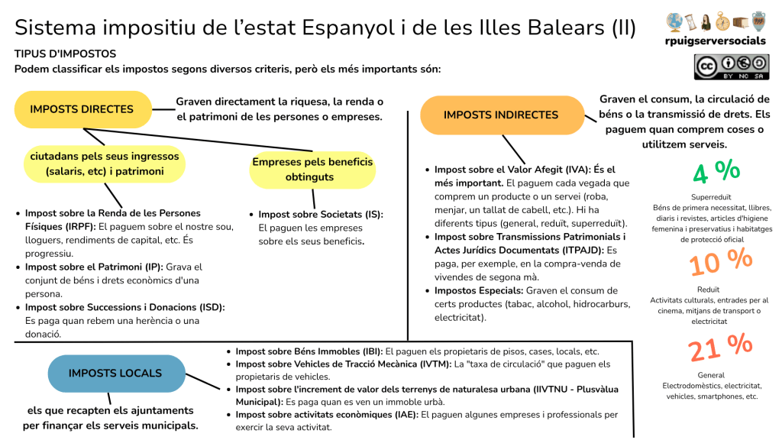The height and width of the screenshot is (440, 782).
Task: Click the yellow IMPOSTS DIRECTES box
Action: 82,109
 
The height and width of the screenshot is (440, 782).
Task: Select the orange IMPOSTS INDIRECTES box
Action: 501,115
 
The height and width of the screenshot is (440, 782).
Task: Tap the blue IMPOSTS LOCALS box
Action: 115,374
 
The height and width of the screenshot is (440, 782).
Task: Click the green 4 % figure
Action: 716,172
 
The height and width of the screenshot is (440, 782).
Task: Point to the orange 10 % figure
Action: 720,262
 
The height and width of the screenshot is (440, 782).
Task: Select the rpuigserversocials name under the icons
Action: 716,40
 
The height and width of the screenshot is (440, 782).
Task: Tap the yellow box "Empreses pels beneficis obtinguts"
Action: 312,170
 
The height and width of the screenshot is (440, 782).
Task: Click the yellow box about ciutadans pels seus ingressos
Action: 104,163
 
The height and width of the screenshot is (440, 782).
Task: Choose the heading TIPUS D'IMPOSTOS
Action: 65,54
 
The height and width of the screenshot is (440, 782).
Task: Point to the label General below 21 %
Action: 711,375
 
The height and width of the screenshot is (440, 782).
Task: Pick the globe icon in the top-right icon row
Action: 674,21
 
